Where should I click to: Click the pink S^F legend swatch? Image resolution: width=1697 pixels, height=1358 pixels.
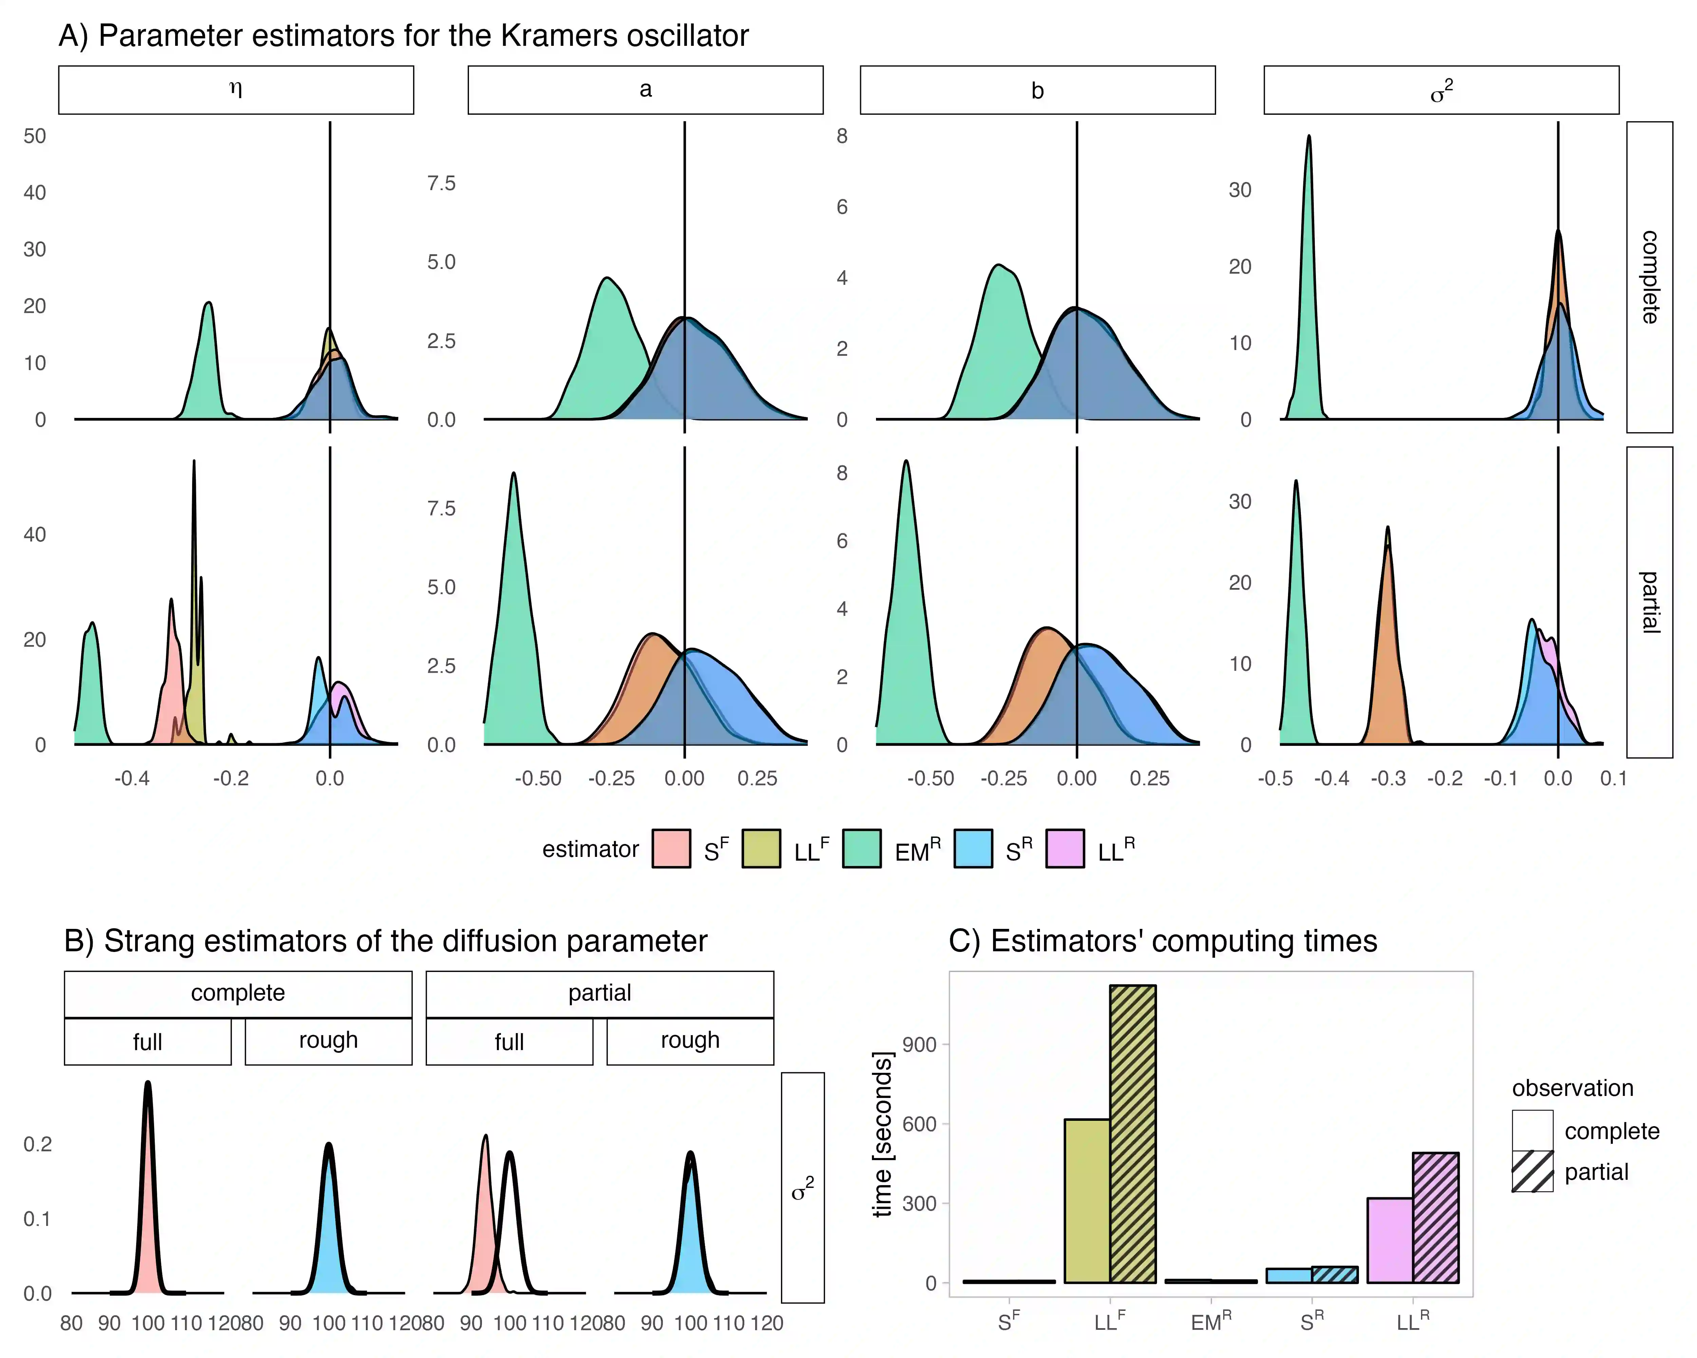tap(671, 849)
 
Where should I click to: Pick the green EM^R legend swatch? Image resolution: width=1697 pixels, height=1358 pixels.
tap(861, 849)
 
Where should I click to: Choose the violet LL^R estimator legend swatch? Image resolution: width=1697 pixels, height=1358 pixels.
tap(1064, 849)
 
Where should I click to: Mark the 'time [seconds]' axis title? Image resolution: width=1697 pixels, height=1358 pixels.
tap(883, 1134)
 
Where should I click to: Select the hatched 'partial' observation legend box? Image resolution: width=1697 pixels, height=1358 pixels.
tap(1532, 1171)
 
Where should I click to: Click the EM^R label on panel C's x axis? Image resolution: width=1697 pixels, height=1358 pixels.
tap(1211, 1322)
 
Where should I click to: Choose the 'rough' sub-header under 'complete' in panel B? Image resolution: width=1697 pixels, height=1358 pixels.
tap(328, 1041)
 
